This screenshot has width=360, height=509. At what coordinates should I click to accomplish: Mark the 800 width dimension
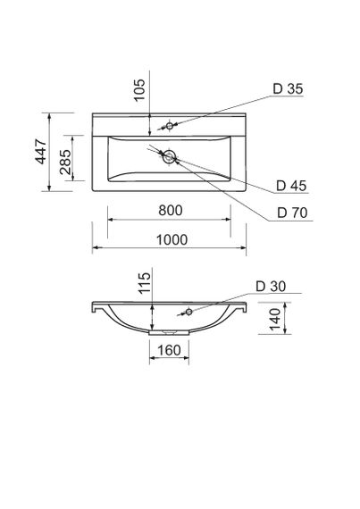(x=171, y=211)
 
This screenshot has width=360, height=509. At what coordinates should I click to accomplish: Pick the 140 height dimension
(x=277, y=315)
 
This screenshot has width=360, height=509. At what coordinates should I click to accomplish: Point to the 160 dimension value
(x=167, y=351)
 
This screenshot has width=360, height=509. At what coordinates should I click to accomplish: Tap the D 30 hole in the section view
(x=189, y=312)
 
